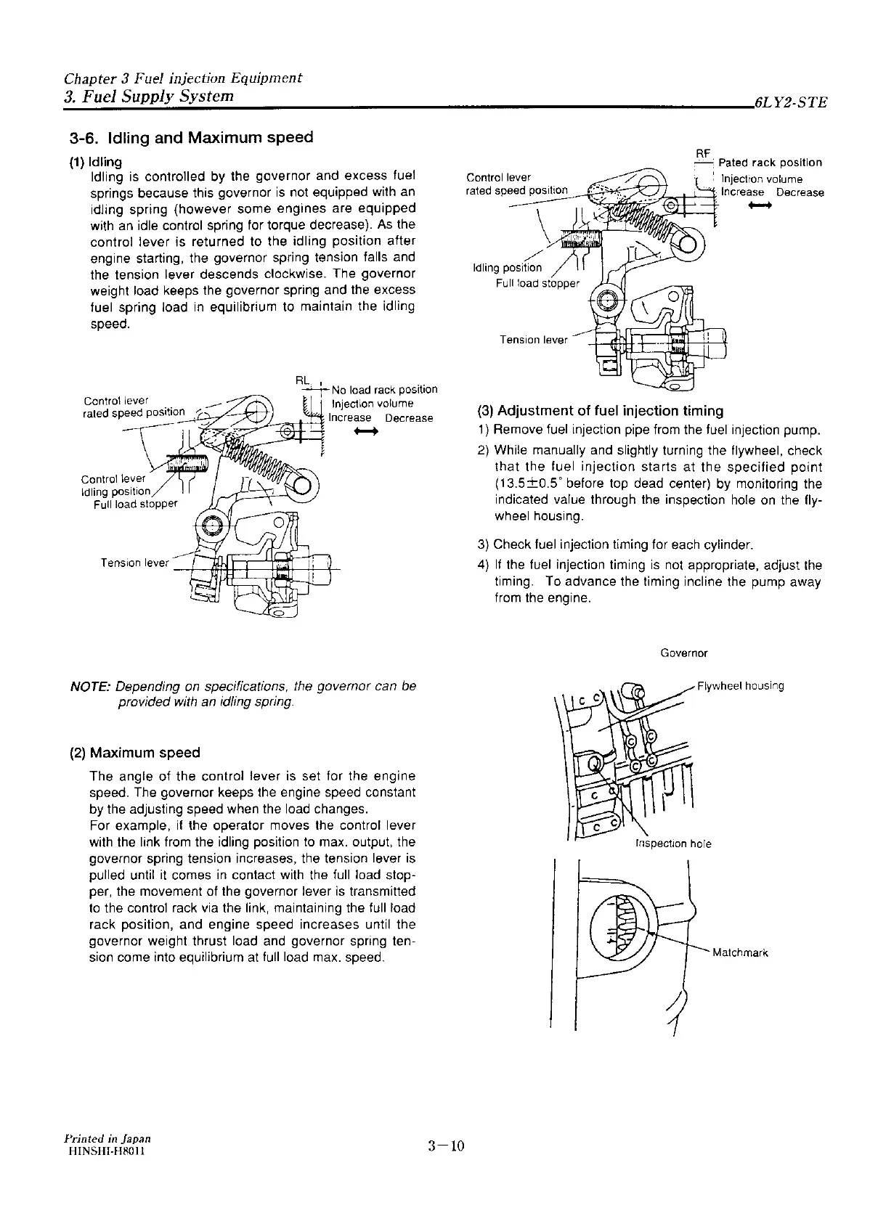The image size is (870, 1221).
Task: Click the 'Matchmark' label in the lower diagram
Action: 740,953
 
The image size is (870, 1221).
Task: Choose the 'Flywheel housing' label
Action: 740,686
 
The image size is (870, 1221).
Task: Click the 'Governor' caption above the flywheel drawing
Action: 684,653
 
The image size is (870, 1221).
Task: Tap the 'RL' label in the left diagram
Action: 303,380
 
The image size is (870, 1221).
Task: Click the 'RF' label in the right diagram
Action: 702,153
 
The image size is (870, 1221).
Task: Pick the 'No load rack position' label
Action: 384,390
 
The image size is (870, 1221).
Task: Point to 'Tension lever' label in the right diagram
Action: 534,340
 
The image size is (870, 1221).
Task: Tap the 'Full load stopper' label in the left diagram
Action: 136,505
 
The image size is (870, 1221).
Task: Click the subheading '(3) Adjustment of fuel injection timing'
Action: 600,411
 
